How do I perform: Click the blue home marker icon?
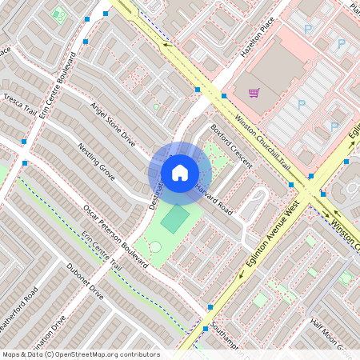point(180,172)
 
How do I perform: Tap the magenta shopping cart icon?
point(254,93)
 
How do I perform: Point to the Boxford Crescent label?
point(231,145)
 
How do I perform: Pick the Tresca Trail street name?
point(19,104)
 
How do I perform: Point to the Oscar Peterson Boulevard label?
point(117,237)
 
